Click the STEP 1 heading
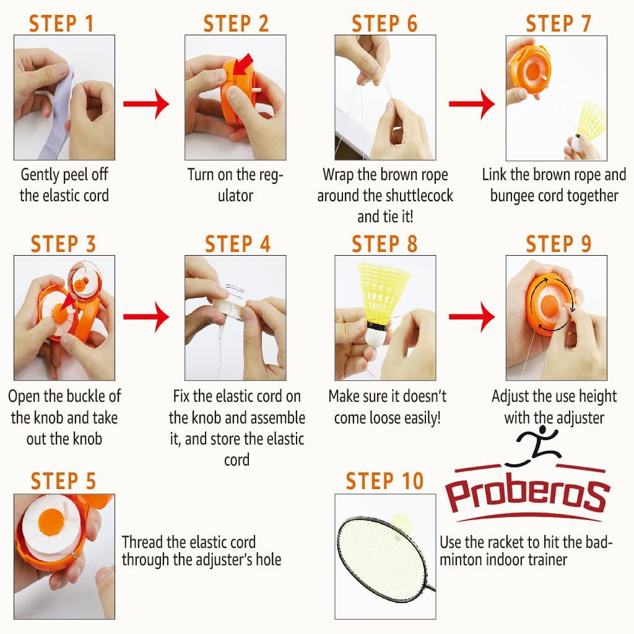click(x=61, y=23)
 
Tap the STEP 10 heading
click(x=384, y=480)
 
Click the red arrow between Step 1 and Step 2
click(x=146, y=104)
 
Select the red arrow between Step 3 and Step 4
click(x=146, y=316)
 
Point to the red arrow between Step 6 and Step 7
click(x=472, y=104)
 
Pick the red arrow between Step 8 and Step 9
click(x=472, y=316)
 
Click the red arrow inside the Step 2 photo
click(x=243, y=64)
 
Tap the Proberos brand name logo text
click(x=527, y=495)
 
